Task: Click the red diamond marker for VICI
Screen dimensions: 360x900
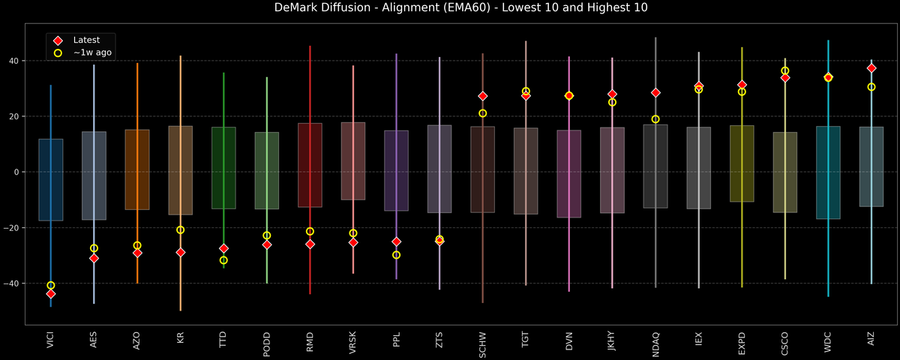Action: [x=51, y=294]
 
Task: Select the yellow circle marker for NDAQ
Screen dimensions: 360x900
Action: [x=655, y=119]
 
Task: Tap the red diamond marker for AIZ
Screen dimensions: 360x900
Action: [x=871, y=68]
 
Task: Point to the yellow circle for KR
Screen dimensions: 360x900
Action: [x=181, y=230]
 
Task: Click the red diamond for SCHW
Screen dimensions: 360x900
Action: [x=483, y=96]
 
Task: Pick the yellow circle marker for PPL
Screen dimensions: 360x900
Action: [x=397, y=255]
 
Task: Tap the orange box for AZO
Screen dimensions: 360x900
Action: [x=137, y=169]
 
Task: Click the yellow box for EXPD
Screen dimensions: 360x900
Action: [x=742, y=163]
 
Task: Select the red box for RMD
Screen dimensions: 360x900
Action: [x=310, y=165]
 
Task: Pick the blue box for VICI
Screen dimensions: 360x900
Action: [x=51, y=180]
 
